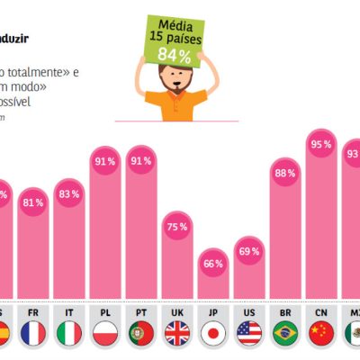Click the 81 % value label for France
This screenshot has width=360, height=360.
[33, 202]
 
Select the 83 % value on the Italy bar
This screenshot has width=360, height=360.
[69, 193]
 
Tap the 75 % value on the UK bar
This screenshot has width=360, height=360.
[177, 228]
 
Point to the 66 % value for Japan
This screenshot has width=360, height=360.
[213, 263]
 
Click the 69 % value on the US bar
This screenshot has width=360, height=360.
[249, 251]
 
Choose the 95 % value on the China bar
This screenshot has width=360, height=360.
[321, 143]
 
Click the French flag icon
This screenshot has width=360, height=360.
[33, 334]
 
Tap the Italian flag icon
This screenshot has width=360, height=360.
[69, 334]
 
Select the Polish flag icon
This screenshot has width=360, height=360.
[105, 334]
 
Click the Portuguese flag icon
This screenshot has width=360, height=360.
[141, 334]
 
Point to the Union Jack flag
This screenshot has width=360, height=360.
[177, 334]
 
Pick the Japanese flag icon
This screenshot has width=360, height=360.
[213, 334]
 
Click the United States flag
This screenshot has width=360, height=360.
[249, 334]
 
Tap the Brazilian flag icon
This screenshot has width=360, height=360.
[285, 334]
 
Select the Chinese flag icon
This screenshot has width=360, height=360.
[321, 334]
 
